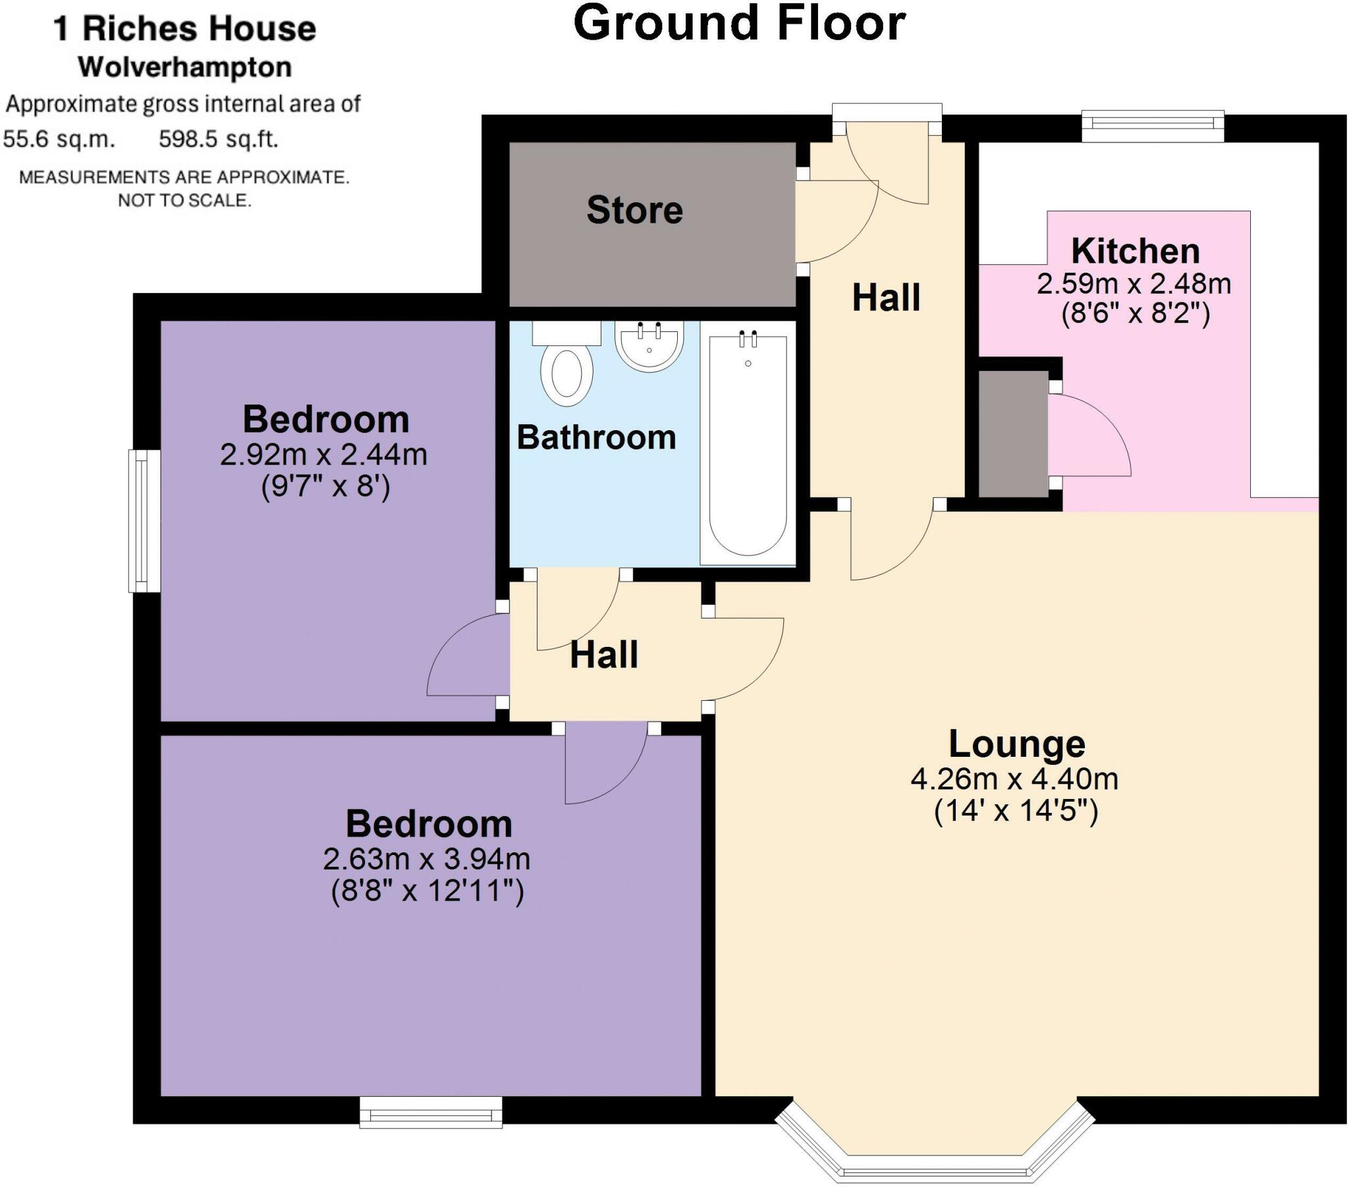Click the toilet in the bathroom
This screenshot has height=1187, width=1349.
pyautogui.click(x=566, y=370)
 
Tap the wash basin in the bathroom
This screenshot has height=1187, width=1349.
pyautogui.click(x=649, y=345)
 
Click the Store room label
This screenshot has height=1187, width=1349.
pyautogui.click(x=634, y=210)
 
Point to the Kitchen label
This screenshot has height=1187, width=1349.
pyautogui.click(x=1134, y=251)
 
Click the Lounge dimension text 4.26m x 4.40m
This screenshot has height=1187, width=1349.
pyautogui.click(x=1014, y=780)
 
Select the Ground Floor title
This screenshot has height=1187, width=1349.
pyautogui.click(x=739, y=24)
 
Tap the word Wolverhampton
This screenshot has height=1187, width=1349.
pyautogui.click(x=185, y=67)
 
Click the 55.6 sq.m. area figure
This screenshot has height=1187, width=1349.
pyautogui.click(x=59, y=139)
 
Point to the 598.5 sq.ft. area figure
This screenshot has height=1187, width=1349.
pyautogui.click(x=219, y=139)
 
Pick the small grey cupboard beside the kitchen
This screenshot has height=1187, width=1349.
pyautogui.click(x=1012, y=433)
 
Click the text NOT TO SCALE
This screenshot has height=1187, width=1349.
pyautogui.click(x=185, y=200)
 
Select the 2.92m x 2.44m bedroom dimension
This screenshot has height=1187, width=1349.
pyautogui.click(x=323, y=455)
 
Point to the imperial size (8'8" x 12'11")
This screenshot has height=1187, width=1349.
pyautogui.click(x=427, y=891)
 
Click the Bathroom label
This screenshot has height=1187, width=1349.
pyautogui.click(x=596, y=437)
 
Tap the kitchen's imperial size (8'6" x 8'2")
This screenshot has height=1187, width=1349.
pyautogui.click(x=1134, y=313)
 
